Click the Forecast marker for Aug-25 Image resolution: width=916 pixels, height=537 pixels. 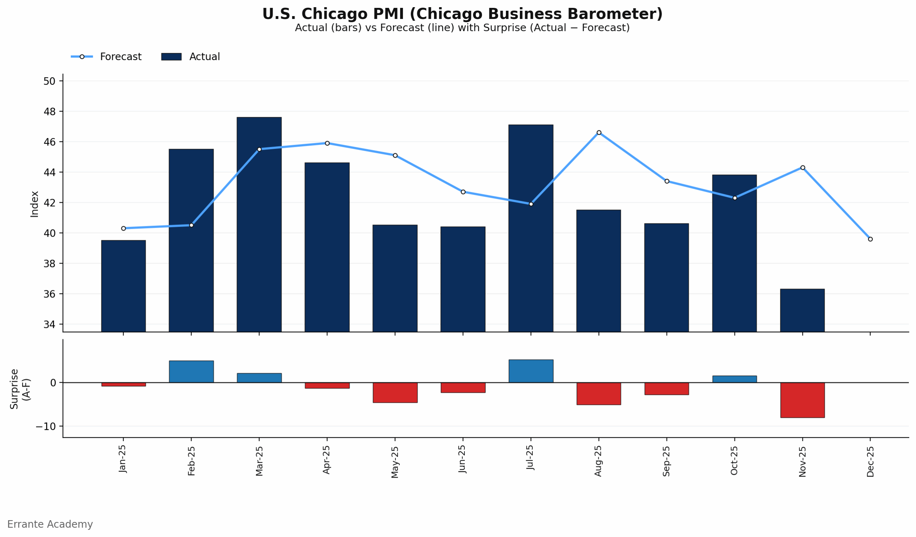[x=599, y=133]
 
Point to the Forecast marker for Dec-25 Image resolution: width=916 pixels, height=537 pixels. [x=870, y=239]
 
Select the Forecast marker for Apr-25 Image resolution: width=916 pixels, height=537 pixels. [x=327, y=143]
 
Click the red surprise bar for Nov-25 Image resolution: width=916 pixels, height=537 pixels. [x=802, y=400]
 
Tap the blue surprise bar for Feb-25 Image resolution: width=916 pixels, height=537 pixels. [x=191, y=372]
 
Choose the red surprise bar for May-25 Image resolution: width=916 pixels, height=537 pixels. [x=395, y=392]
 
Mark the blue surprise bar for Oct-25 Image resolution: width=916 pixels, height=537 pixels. [x=735, y=379]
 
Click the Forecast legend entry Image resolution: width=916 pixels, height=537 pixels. [x=106, y=57]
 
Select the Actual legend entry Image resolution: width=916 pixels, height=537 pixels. [x=191, y=57]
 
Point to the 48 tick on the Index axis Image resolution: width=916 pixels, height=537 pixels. [x=50, y=112]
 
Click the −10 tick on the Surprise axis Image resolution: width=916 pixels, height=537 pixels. [x=46, y=426]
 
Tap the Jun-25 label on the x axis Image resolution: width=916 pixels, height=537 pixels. [x=462, y=459]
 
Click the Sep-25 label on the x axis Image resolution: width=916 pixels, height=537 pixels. [x=666, y=461]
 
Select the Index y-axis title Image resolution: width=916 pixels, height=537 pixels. [x=35, y=204]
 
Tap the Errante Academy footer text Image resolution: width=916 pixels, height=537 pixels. [x=50, y=524]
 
